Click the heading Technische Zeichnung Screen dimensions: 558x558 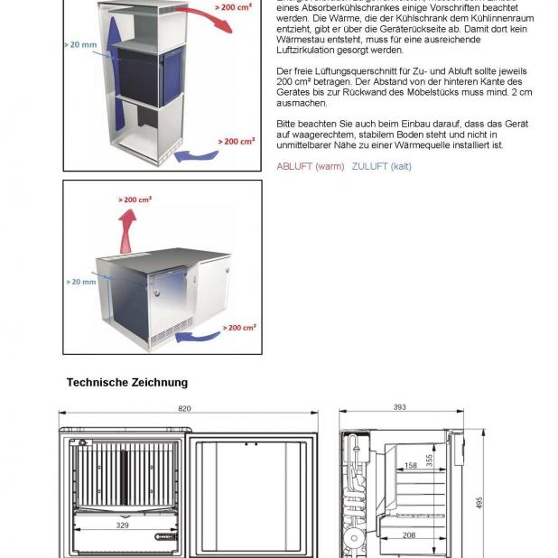point(127,383)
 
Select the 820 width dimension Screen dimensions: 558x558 point(184,409)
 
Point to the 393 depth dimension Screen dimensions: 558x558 point(399,408)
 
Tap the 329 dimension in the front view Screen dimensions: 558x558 point(122,523)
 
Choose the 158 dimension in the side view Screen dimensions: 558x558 point(411,466)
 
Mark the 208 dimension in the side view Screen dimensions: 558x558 point(409,535)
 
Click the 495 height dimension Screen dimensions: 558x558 point(479,502)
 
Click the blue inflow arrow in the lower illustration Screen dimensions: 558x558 point(199,339)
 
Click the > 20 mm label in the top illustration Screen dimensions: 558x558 point(80,43)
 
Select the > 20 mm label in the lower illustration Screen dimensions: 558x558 point(80,282)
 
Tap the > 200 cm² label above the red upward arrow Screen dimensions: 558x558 point(135,199)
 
